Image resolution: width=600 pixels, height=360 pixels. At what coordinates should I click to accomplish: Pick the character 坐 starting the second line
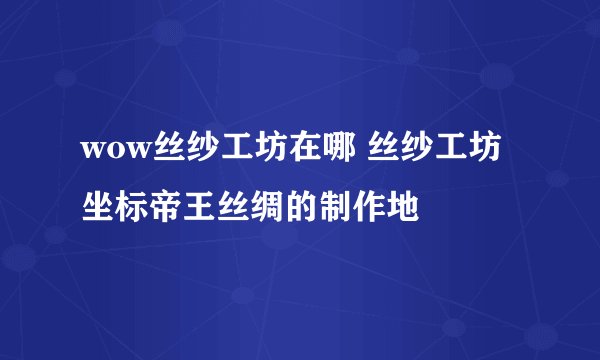[x=97, y=208]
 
